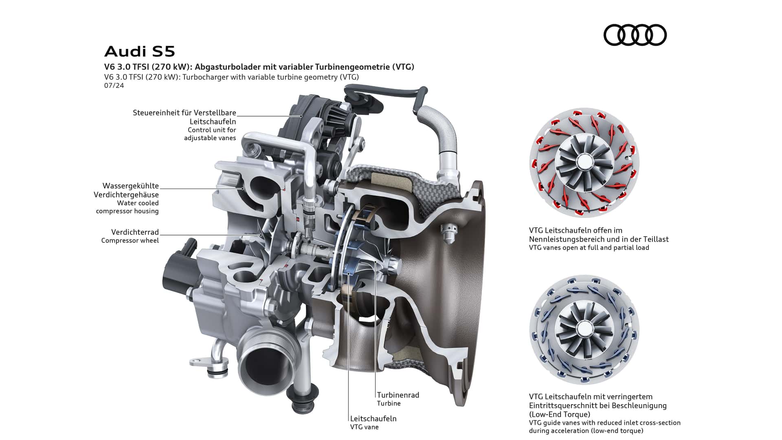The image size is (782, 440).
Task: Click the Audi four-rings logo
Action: tap(635, 35)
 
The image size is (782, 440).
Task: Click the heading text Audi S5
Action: tap(140, 52)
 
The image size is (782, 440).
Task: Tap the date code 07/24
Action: tap(114, 86)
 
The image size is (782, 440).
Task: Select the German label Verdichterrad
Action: tap(135, 232)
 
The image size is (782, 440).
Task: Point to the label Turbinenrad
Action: tap(398, 395)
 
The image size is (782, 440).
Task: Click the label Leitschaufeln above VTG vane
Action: tap(373, 418)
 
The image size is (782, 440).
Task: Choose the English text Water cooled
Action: tap(138, 203)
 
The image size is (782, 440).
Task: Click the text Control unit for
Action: tap(212, 130)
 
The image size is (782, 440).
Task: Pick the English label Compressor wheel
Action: tap(130, 240)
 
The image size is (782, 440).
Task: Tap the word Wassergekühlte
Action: tap(130, 186)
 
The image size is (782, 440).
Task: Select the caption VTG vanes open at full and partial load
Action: tap(589, 247)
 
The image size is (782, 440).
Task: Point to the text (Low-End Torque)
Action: tap(560, 414)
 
